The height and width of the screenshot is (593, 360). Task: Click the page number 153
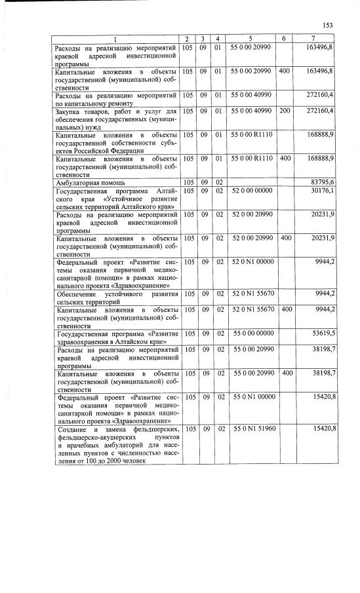point(328,26)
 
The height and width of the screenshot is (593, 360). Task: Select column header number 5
point(250,39)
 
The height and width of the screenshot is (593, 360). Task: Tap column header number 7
point(313,39)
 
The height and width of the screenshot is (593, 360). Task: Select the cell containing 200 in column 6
point(284,111)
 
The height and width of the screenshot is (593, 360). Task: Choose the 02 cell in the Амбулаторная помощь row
point(219,182)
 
